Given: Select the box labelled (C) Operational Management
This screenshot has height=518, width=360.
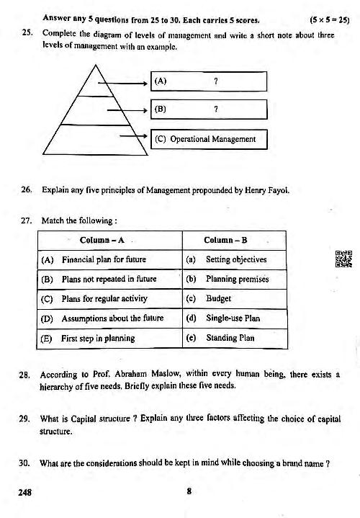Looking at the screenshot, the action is (204, 139).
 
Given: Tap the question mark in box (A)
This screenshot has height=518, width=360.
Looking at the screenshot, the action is (216, 81).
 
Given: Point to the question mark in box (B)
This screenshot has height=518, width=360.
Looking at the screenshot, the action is (216, 110).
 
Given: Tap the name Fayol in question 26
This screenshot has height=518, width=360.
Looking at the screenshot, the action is (278, 191).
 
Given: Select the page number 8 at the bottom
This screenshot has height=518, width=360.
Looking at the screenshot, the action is (188, 493).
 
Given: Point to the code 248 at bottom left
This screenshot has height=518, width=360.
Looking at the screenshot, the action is (27, 493).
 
